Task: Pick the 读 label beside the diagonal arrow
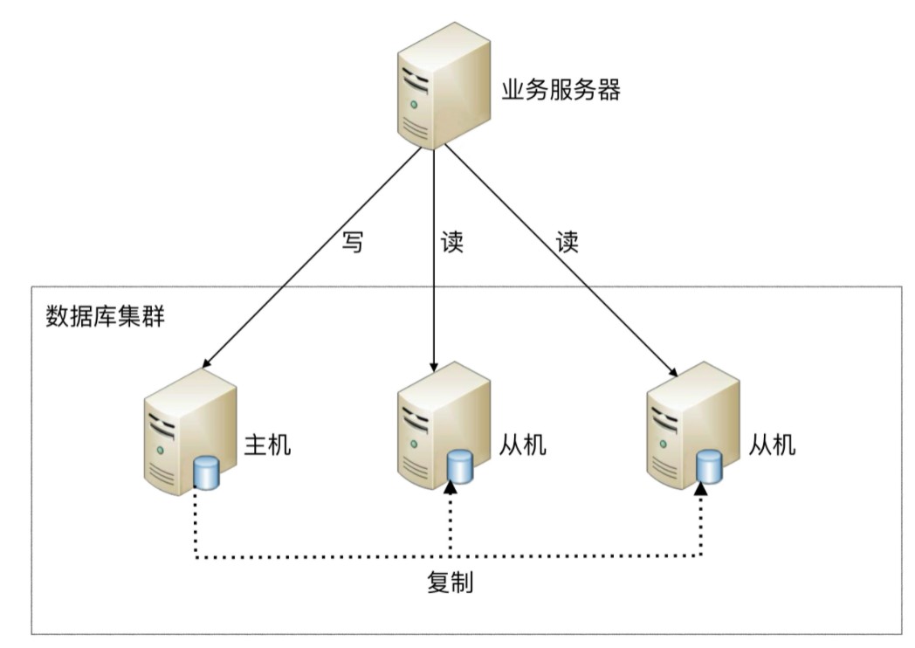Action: click(x=568, y=242)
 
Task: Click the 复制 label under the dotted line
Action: click(x=451, y=583)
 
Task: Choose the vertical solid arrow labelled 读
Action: click(x=434, y=262)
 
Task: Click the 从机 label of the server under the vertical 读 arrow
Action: click(x=522, y=445)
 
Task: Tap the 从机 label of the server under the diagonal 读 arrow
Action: click(x=773, y=445)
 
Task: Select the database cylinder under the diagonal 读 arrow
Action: click(x=710, y=467)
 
